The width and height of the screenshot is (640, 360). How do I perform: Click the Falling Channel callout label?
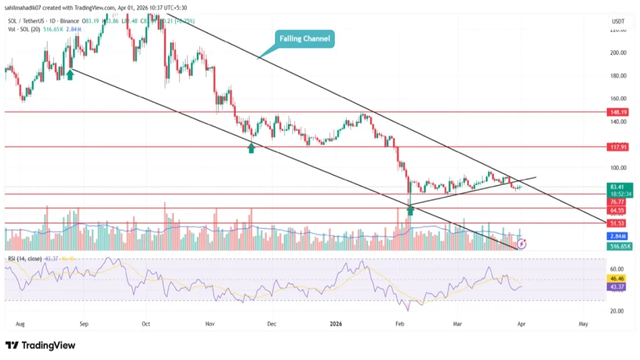[x=304, y=39]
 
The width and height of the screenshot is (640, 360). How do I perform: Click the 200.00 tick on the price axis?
[x=618, y=52]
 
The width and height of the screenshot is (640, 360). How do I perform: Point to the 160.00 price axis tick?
[x=618, y=99]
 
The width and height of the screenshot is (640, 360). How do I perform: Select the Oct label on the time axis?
[x=146, y=324]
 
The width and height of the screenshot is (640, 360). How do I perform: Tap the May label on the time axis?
[x=584, y=324]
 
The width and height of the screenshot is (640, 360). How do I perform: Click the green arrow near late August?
[x=70, y=74]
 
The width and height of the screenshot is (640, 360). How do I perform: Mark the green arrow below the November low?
[x=251, y=148]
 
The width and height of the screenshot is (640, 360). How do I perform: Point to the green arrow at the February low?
[x=411, y=211]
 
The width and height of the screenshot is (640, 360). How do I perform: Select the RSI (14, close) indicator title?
[x=26, y=258]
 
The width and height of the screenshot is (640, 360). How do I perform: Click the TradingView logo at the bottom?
[x=40, y=345]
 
